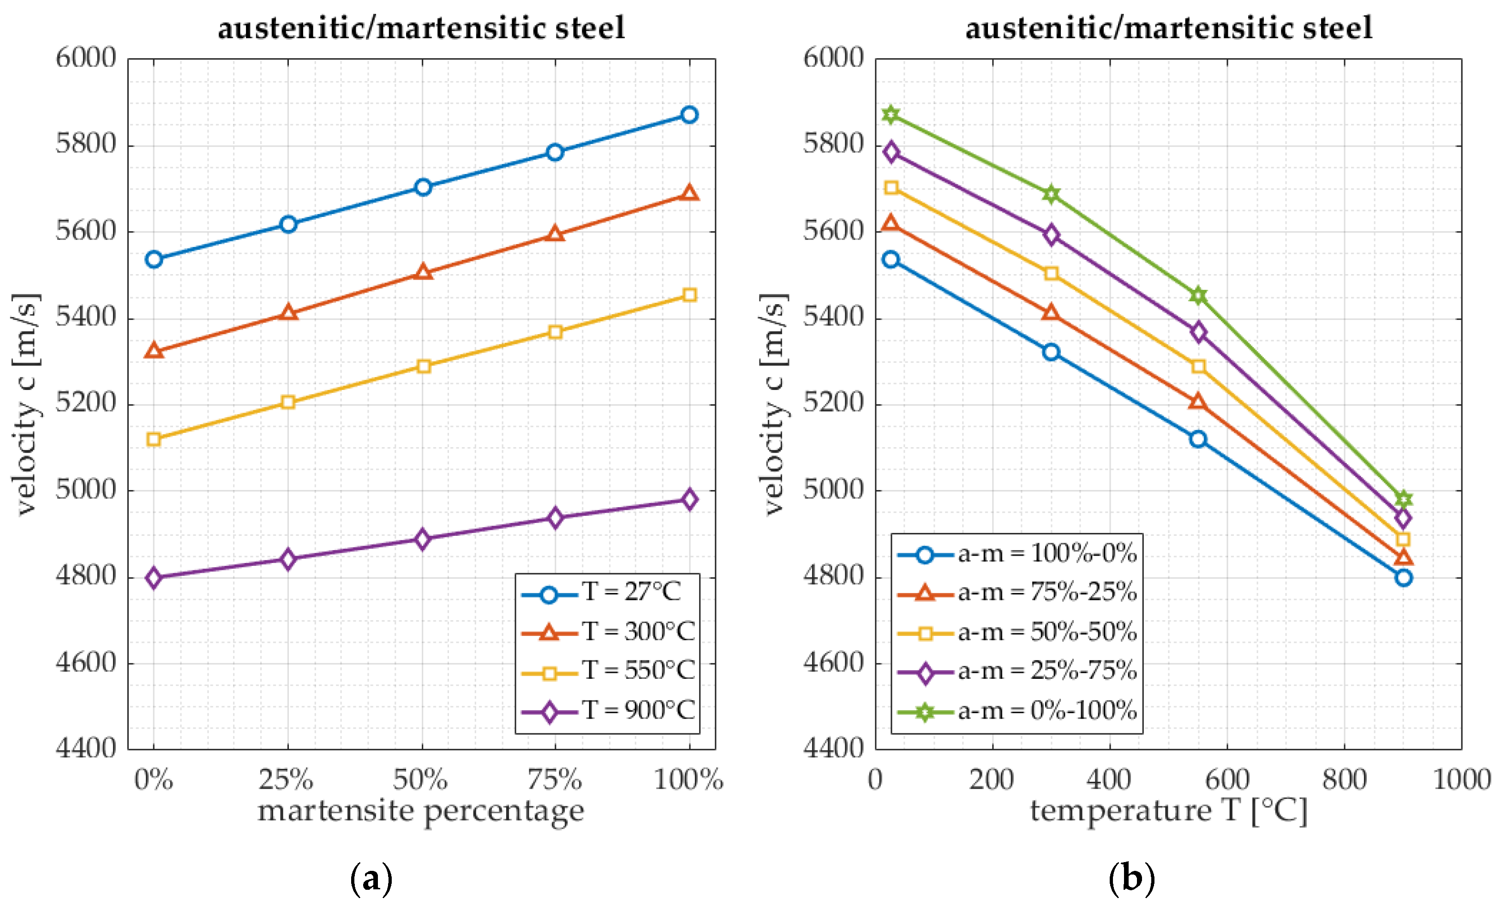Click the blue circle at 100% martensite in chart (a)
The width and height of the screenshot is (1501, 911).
pos(689,114)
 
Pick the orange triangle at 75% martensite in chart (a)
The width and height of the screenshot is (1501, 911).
pos(554,234)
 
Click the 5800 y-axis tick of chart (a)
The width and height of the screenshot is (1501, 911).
pos(85,144)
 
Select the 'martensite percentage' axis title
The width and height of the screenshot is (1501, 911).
pos(420,812)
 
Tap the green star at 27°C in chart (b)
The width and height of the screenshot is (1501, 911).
pos(891,114)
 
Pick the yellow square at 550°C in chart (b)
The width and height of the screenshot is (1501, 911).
pos(1198,366)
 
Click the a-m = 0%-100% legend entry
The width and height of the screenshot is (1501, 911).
pos(1017,711)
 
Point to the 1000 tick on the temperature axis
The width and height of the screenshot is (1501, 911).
pos(1461,780)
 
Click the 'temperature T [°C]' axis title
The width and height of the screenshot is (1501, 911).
pos(1168,812)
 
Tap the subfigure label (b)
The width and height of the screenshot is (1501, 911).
pos(1131,879)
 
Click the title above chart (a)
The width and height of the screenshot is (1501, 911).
pos(421,29)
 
